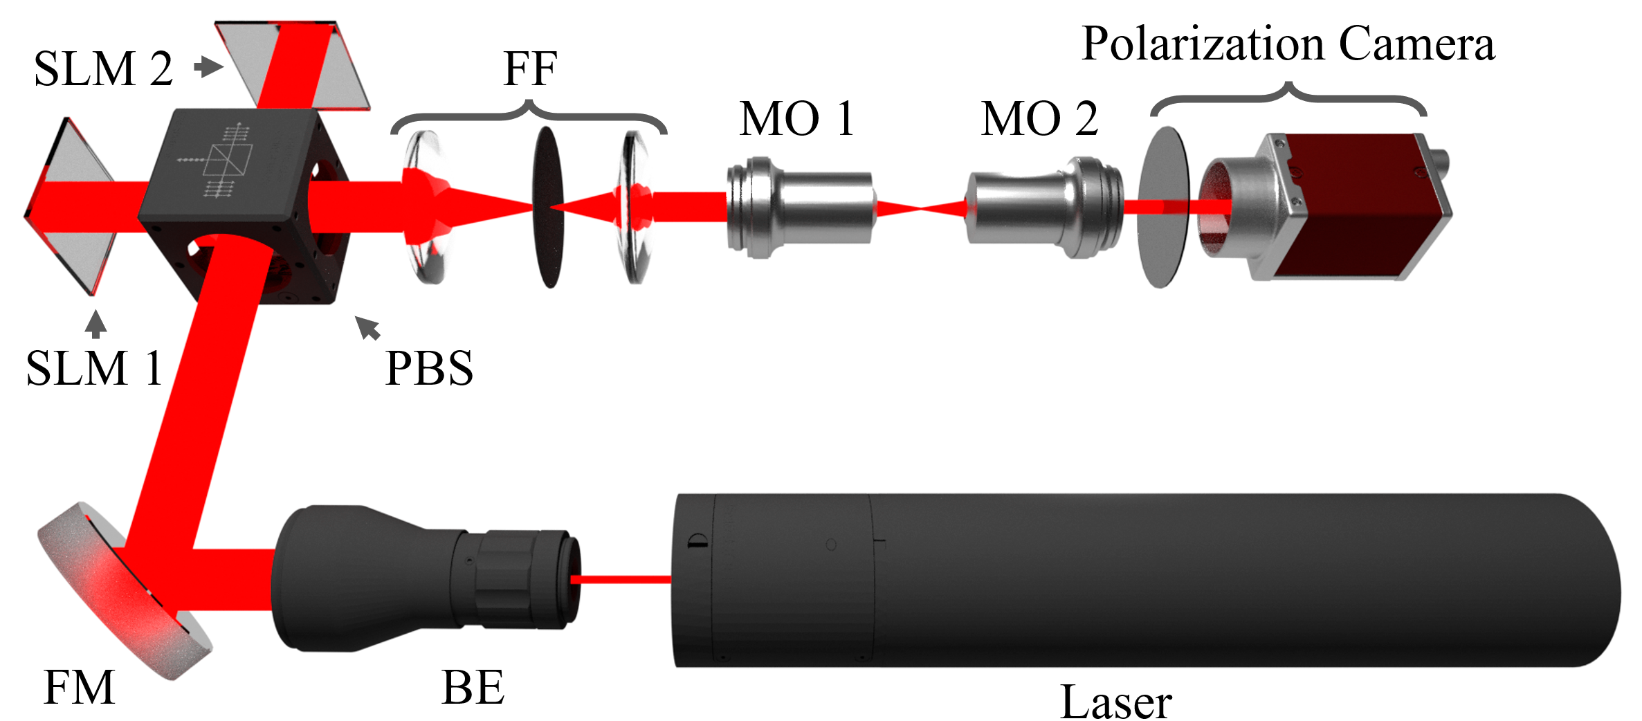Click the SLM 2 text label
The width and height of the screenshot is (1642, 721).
103,69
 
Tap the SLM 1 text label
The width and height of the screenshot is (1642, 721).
94,368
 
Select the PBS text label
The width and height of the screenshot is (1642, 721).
429,368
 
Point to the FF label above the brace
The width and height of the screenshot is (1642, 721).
529,69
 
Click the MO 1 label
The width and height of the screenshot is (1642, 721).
796,118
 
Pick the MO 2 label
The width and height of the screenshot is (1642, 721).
1039,118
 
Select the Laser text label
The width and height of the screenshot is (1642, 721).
1115,702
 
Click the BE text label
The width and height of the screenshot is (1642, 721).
473,688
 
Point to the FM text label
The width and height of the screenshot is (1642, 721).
79,688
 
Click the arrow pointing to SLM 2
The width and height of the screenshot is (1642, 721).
208,67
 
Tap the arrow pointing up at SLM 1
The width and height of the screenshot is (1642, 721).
96,324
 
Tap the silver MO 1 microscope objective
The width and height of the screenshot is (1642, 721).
799,208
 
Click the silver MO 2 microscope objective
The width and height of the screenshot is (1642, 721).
1045,208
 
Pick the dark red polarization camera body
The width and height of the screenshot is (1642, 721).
1356,208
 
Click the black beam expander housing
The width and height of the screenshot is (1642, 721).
387,578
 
